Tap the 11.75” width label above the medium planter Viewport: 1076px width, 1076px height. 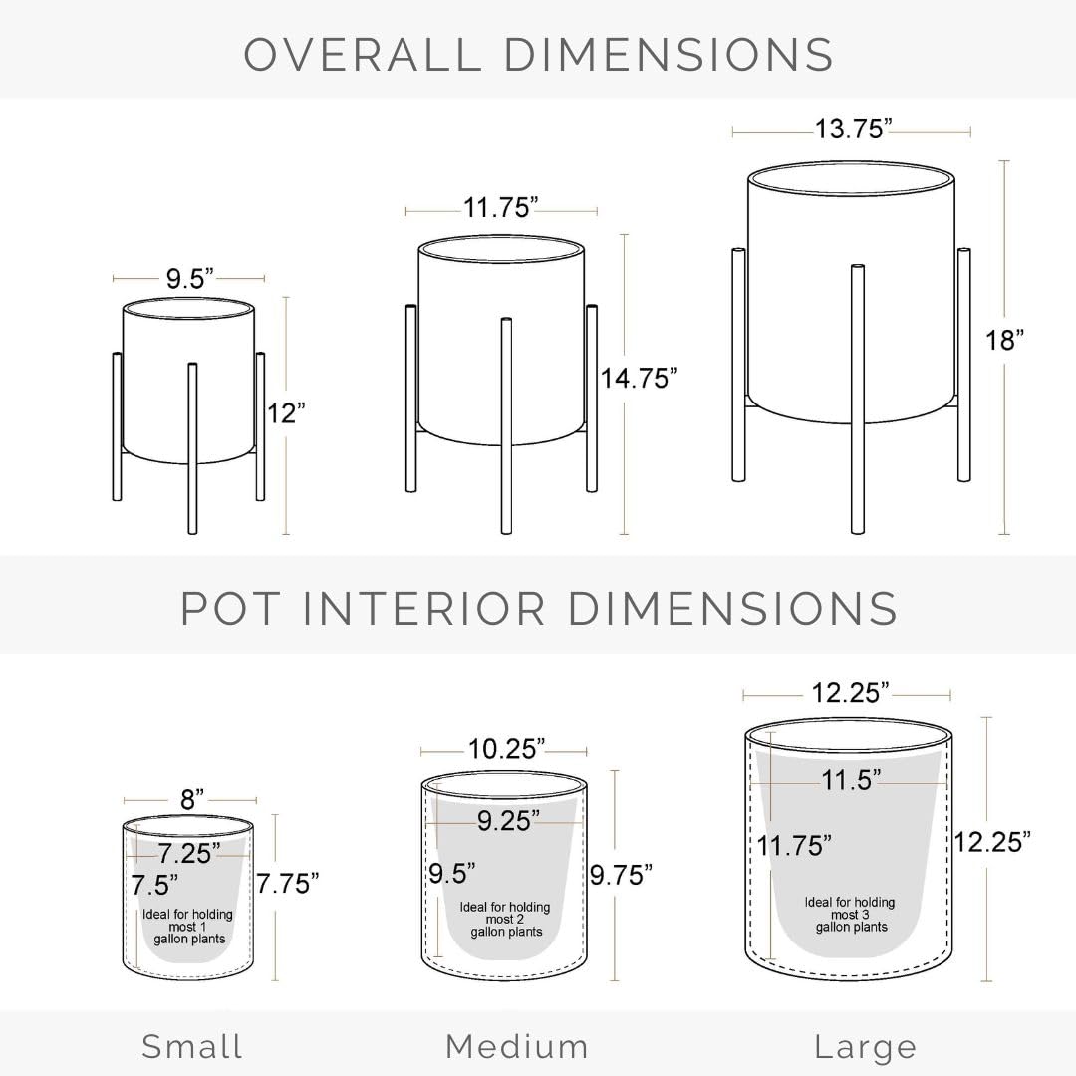500,207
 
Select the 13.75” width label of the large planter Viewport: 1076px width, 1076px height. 853,129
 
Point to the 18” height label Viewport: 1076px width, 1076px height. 1004,340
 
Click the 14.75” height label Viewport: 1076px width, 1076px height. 639,379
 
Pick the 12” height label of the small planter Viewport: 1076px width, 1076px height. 286,413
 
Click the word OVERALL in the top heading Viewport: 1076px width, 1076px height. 363,54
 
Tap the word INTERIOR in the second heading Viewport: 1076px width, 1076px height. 423,608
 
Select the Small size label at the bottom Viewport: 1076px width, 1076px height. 192,1046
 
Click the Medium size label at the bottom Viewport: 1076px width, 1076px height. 517,1046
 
